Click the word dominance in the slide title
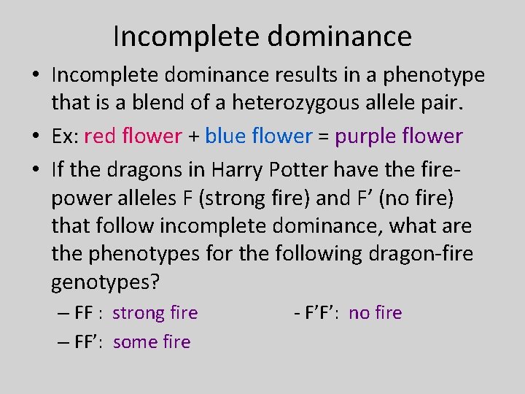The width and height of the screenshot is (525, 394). click(343, 36)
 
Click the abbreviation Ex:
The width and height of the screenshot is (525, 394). click(64, 136)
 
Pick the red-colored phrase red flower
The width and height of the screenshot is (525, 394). click(133, 136)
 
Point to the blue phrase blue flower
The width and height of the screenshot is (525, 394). click(258, 136)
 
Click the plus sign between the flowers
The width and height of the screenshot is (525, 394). click(193, 136)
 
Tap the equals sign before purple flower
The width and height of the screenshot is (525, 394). click(323, 136)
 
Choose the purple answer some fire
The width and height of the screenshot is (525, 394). click(152, 342)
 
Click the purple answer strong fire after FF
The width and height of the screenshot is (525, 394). click(155, 313)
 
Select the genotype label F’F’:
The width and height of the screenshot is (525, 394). click(322, 313)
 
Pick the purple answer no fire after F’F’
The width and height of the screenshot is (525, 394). click(375, 313)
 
